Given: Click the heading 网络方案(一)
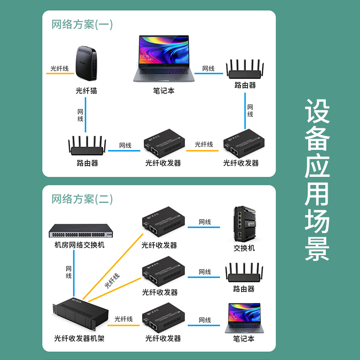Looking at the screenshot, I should (82, 24).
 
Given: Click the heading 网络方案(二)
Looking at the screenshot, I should (82, 198).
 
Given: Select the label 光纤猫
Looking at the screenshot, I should (86, 91).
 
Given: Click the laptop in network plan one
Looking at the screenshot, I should (164, 58).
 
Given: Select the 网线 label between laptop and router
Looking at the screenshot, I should (208, 68).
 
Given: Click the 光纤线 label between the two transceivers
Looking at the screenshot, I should (204, 144).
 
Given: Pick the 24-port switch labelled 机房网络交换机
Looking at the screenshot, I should (80, 231).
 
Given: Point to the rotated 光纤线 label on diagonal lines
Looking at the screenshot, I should (112, 280).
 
